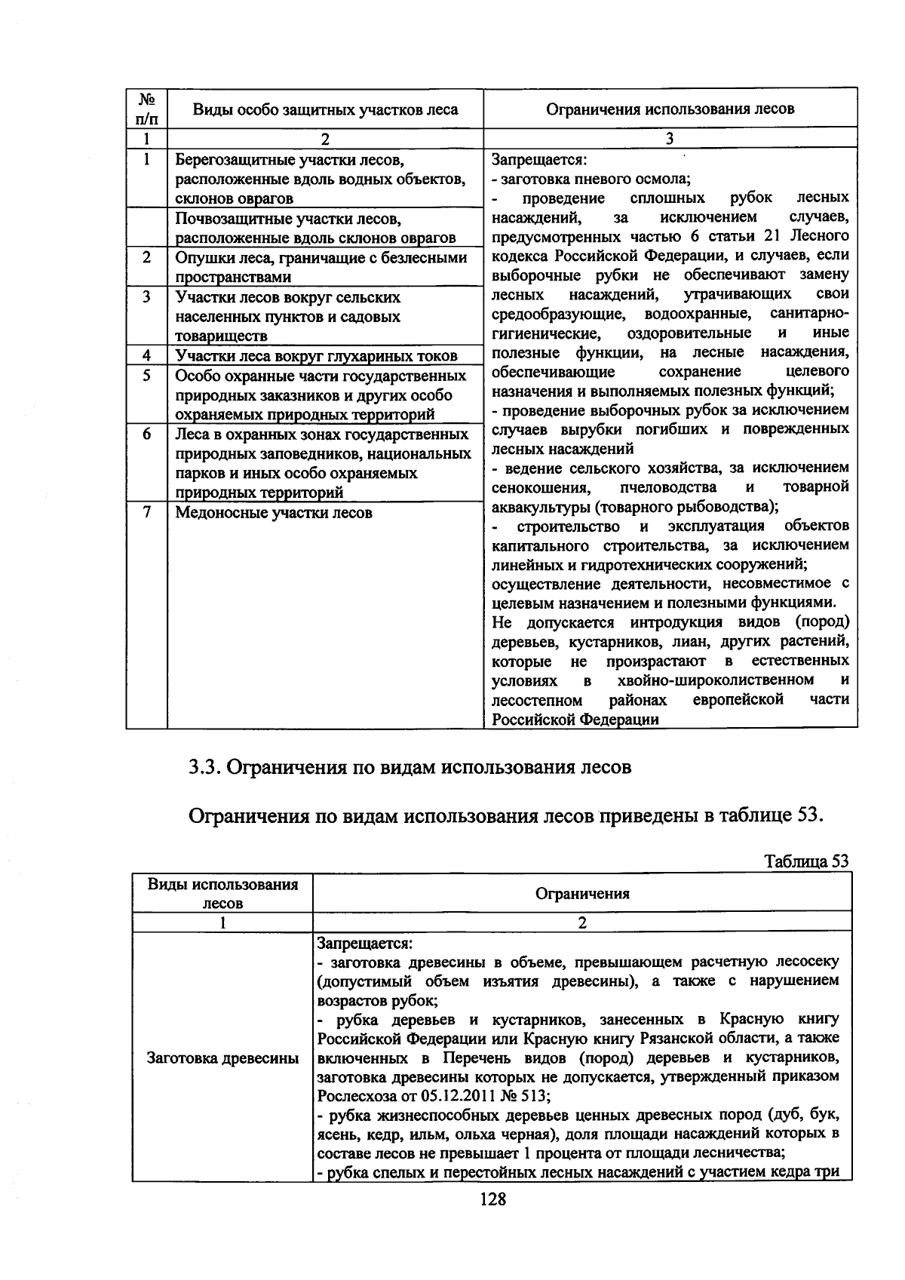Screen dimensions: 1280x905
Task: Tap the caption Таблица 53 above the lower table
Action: click(806, 861)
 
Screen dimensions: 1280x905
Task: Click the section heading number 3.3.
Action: click(204, 767)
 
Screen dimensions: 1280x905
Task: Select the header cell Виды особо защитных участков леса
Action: click(325, 109)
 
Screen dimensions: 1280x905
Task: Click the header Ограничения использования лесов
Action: click(670, 109)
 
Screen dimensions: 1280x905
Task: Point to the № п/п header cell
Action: click(147, 109)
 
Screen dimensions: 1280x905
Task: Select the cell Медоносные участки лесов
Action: click(274, 513)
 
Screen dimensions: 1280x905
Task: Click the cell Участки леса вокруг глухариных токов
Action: click(316, 356)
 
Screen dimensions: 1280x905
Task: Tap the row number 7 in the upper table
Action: click(147, 511)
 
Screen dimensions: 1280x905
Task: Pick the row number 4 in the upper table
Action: click(147, 355)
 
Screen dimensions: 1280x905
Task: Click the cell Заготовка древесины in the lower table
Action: click(222, 1057)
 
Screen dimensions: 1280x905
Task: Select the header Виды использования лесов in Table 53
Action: click(222, 893)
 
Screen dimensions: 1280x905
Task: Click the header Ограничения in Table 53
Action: click(581, 894)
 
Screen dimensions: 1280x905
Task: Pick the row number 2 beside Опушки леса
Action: click(147, 257)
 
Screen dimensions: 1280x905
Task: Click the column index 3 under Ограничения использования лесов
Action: click(670, 138)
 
